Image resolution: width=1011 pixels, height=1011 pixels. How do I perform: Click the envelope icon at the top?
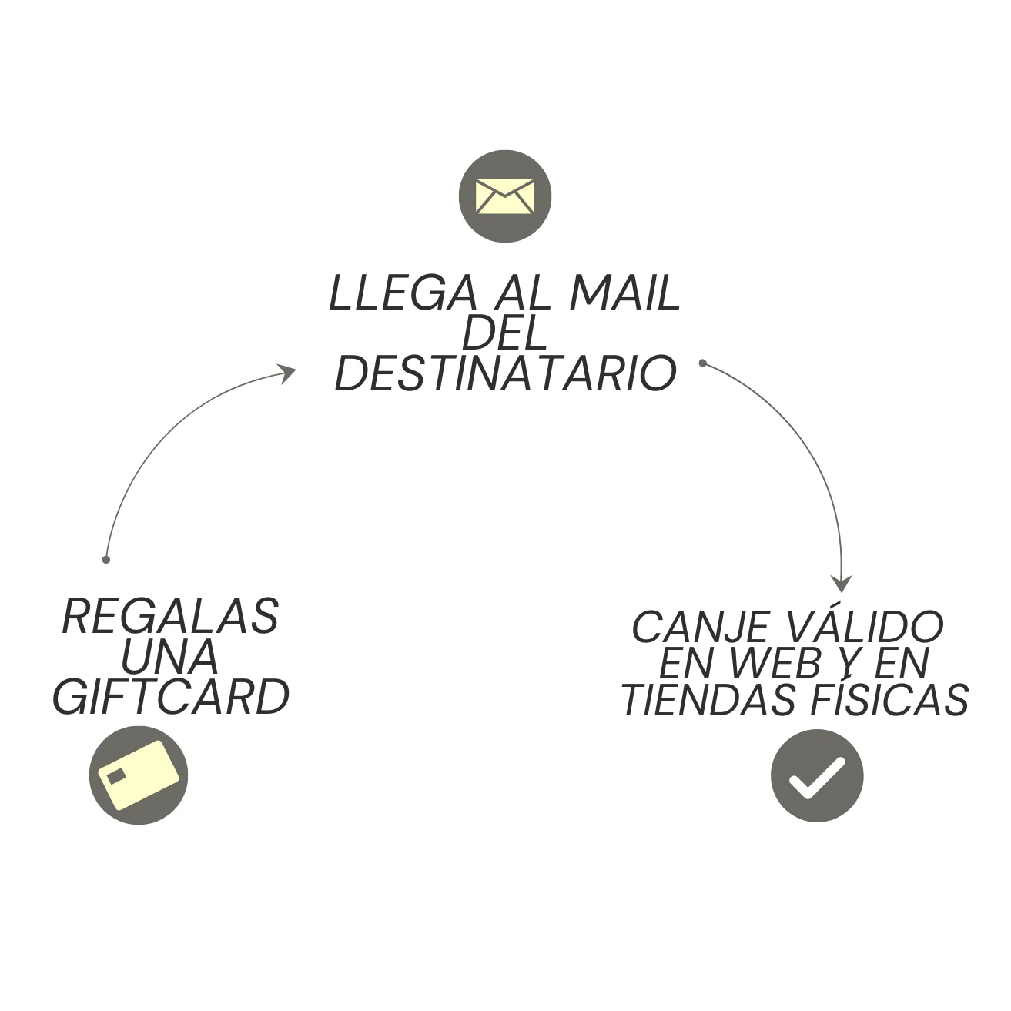pyautogui.click(x=505, y=196)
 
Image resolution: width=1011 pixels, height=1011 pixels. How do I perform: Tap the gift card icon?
pyautogui.click(x=139, y=775)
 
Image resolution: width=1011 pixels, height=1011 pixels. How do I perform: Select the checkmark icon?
pyautogui.click(x=817, y=775)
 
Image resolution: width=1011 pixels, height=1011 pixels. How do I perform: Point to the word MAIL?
pyautogui.click(x=624, y=293)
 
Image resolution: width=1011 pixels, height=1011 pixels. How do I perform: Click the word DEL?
pyautogui.click(x=504, y=333)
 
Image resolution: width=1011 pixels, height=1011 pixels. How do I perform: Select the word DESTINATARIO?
pyautogui.click(x=505, y=373)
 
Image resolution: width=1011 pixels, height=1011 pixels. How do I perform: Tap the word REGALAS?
pyautogui.click(x=170, y=616)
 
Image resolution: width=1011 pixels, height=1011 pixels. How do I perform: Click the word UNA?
pyautogui.click(x=169, y=656)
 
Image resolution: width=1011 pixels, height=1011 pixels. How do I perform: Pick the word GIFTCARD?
pyautogui.click(x=170, y=697)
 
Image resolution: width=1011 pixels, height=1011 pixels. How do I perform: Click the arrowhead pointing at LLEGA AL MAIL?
pyautogui.click(x=287, y=373)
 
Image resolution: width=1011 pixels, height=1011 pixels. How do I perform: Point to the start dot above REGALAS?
pyautogui.click(x=106, y=559)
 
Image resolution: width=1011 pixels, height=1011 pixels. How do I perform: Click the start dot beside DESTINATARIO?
pyautogui.click(x=702, y=363)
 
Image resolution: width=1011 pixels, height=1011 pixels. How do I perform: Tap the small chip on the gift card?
pyautogui.click(x=116, y=775)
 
